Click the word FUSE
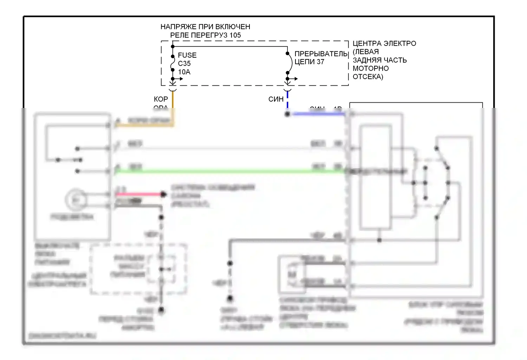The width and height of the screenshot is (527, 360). point(187,55)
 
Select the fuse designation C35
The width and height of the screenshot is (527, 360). point(184,64)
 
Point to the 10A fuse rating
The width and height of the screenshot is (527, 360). point(184,72)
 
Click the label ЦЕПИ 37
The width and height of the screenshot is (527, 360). point(309,62)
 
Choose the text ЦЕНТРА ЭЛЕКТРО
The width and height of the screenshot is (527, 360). point(384,44)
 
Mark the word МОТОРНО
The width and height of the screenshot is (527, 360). point(371,69)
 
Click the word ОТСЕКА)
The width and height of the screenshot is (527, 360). point(368,77)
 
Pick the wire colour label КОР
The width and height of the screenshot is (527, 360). point(161,99)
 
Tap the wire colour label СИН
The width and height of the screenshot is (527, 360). point(276,99)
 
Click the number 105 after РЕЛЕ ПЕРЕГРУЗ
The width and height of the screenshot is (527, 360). point(235,35)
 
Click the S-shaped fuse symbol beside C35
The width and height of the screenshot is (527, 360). point(173,63)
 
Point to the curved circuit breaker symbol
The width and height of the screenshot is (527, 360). point(290,63)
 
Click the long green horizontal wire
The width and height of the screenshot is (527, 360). point(228,172)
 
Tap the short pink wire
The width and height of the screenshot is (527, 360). point(139,194)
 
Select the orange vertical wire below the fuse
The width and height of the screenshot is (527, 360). point(173,105)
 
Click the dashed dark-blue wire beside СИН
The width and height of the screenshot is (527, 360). point(287,100)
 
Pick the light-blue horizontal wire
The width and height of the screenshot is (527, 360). point(318,114)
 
